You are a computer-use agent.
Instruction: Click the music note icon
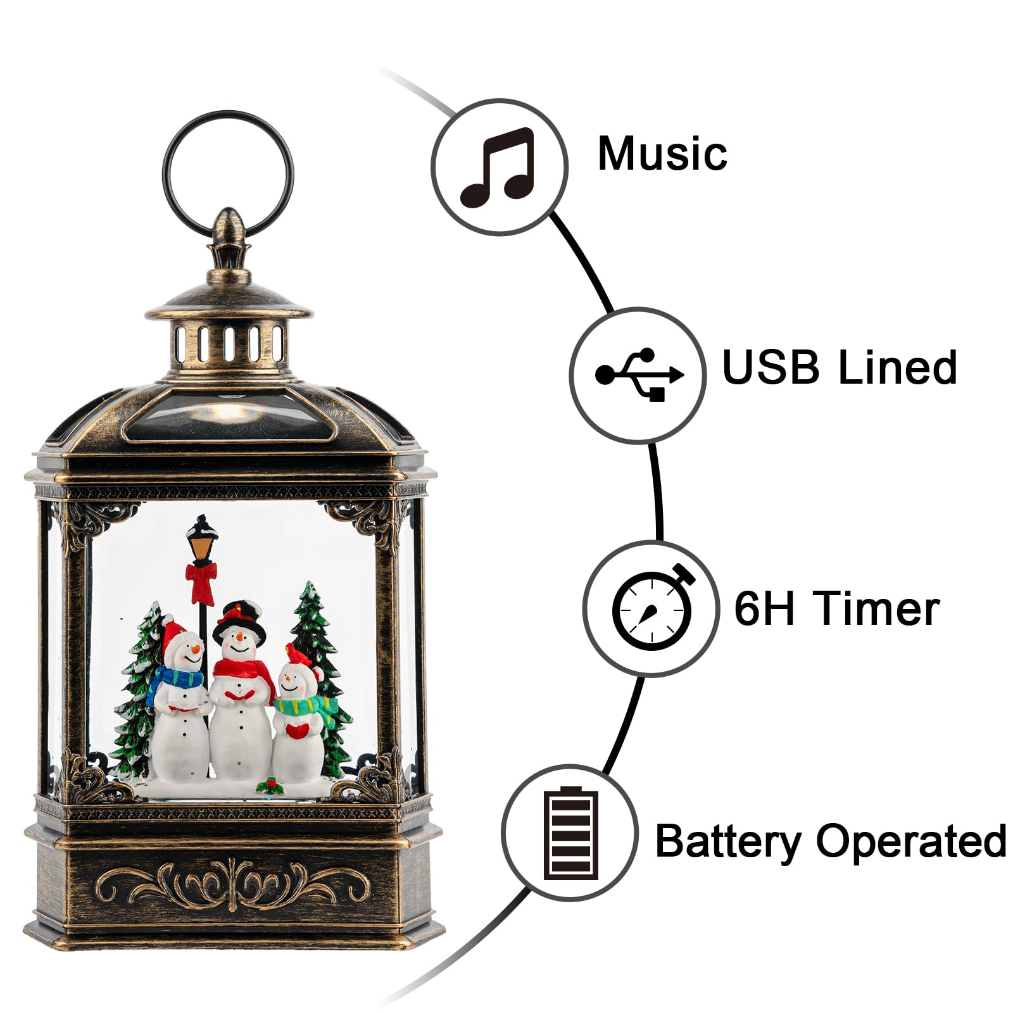(x=498, y=167)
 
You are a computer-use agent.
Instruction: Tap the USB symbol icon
(x=638, y=375)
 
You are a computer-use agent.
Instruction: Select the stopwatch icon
(x=652, y=608)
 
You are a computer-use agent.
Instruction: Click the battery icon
(x=570, y=833)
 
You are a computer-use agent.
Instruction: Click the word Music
(x=662, y=154)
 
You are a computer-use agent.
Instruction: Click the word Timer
(x=878, y=608)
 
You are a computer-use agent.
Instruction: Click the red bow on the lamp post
(x=201, y=582)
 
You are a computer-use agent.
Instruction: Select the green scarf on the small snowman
(x=304, y=705)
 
